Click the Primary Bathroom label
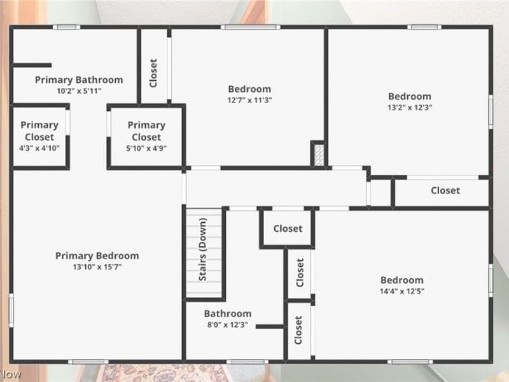pos(79,80)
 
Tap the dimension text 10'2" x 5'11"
pos(79,91)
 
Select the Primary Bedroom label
pos(97,255)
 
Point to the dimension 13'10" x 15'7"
pos(97,267)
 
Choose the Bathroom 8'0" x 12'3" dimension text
pos(227,325)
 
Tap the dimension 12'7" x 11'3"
pos(249,100)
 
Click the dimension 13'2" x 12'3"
pos(410,108)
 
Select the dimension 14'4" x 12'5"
pos(401,291)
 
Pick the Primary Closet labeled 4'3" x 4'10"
pos(39,131)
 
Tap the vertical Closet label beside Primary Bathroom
pos(153,73)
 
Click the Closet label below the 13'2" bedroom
pos(445,190)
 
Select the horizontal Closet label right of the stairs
pos(288,229)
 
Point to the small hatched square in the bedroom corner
pos(317,153)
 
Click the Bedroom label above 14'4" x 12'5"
pos(401,280)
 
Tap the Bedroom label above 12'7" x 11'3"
pos(249,89)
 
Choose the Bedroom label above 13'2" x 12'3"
pos(410,97)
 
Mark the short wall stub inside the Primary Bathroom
pos(32,65)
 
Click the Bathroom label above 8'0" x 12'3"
pos(227,313)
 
